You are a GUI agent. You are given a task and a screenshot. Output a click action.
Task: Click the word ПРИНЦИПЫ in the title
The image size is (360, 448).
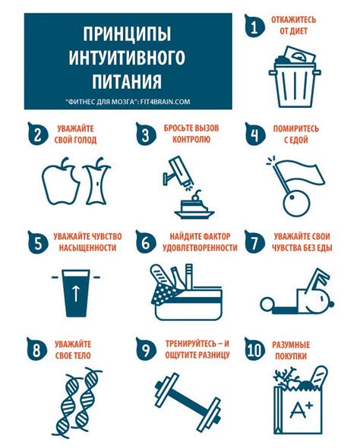pyautogui.click(x=126, y=36)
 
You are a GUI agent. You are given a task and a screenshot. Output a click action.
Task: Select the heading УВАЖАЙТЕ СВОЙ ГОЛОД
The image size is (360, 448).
pyautogui.click(x=75, y=134)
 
